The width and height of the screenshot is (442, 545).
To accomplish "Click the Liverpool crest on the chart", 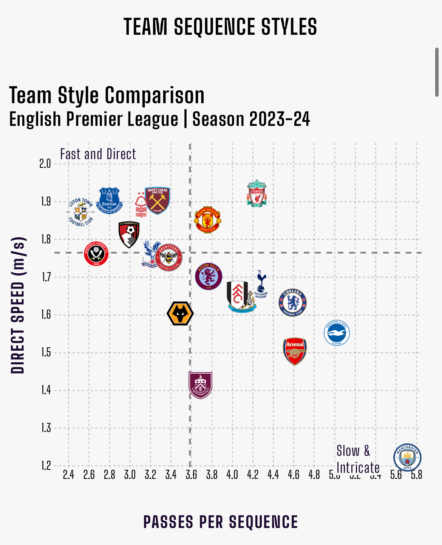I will [x=257, y=194].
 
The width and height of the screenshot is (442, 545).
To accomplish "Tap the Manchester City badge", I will [x=407, y=457].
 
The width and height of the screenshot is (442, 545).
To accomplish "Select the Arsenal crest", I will [x=295, y=351].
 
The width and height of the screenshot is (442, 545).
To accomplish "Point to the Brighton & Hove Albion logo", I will [x=337, y=333].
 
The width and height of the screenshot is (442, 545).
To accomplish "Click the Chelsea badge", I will [x=292, y=302].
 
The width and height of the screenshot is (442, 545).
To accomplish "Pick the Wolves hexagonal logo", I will [x=180, y=313].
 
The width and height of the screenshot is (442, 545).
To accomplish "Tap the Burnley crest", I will [x=200, y=385].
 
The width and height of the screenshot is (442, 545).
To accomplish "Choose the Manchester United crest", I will [x=207, y=220].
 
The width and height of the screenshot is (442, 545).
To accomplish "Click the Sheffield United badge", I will [x=96, y=253].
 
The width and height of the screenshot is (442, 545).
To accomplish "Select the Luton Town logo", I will [x=81, y=212].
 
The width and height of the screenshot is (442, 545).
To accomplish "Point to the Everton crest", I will [x=109, y=200].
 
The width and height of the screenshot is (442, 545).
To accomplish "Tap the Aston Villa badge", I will [x=209, y=276].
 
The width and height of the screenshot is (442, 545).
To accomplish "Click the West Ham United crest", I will [x=157, y=200].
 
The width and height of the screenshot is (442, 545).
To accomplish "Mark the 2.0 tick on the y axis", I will [x=45, y=164].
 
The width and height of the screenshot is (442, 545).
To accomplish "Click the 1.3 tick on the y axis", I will [x=45, y=428].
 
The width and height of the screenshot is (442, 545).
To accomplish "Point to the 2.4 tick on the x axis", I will [x=68, y=475].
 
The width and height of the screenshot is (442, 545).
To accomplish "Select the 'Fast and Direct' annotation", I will [x=98, y=154].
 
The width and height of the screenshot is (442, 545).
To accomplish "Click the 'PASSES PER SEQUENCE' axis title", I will [x=221, y=522].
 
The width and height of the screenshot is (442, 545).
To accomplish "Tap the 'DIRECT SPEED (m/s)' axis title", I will [x=18, y=305].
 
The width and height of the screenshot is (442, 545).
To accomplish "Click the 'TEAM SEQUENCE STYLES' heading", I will [x=220, y=27].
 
